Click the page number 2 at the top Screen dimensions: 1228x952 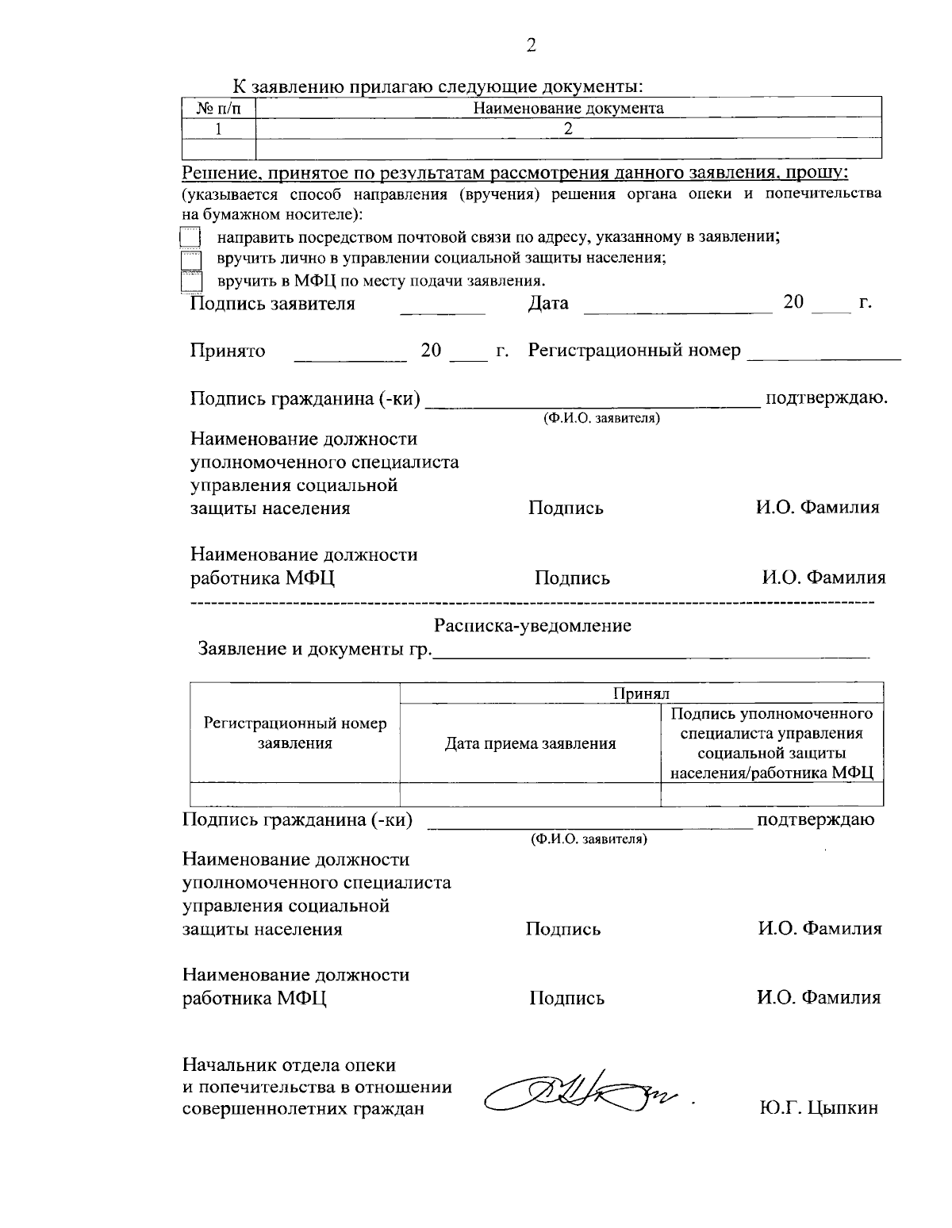click(x=531, y=45)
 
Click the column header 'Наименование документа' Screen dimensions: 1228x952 click(x=568, y=109)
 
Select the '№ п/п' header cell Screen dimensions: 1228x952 click(x=219, y=109)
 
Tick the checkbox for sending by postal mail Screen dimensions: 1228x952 click(x=190, y=238)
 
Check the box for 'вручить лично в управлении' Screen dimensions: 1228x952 click(x=190, y=259)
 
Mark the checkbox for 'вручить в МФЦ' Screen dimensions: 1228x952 click(x=190, y=282)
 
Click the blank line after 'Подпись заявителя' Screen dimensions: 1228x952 click(x=442, y=311)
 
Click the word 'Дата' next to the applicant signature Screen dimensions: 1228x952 click(x=548, y=304)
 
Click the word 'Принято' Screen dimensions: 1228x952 click(x=228, y=351)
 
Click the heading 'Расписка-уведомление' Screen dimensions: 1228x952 click(x=532, y=626)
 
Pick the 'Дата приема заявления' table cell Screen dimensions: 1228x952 click(x=530, y=744)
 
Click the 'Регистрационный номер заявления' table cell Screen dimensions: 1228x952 click(x=295, y=734)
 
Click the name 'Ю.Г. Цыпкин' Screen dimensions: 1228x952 click(x=818, y=1109)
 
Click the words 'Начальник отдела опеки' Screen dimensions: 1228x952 click(x=289, y=1065)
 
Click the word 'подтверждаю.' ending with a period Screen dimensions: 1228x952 click(x=825, y=398)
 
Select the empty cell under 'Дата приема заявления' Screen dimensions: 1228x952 click(x=530, y=794)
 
